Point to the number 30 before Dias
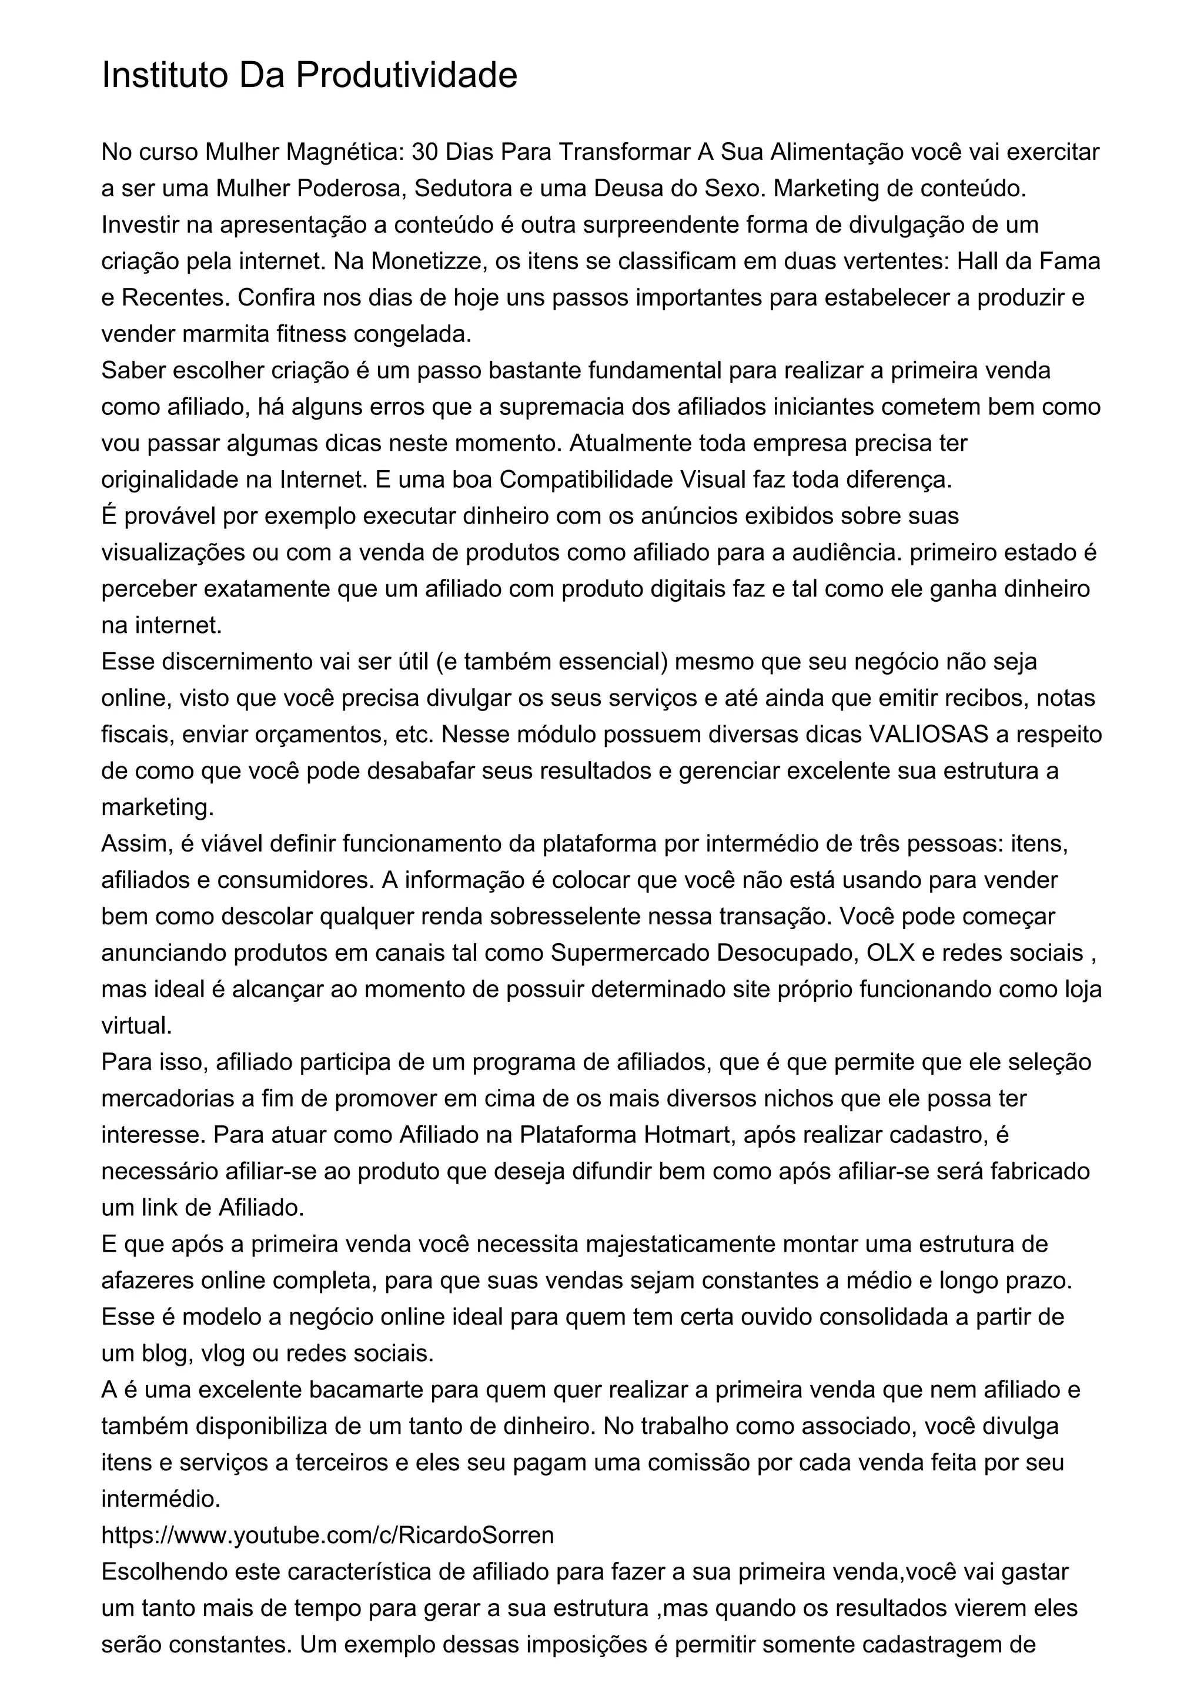click(x=425, y=152)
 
